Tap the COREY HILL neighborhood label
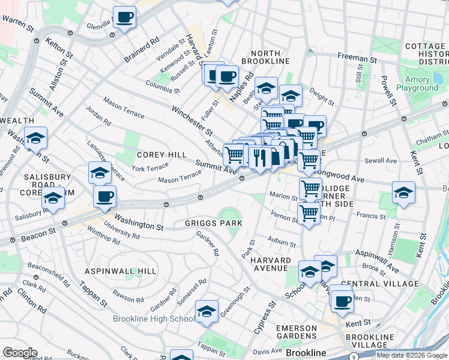tap(161, 155)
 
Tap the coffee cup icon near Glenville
tap(125, 18)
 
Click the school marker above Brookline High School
tap(206, 311)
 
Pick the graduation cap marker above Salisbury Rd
tap(53, 199)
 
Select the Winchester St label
tap(192, 120)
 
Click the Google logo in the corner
tap(20, 352)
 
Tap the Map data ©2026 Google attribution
tap(411, 355)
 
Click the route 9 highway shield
tap(354, 357)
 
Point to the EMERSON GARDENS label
tap(296, 333)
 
